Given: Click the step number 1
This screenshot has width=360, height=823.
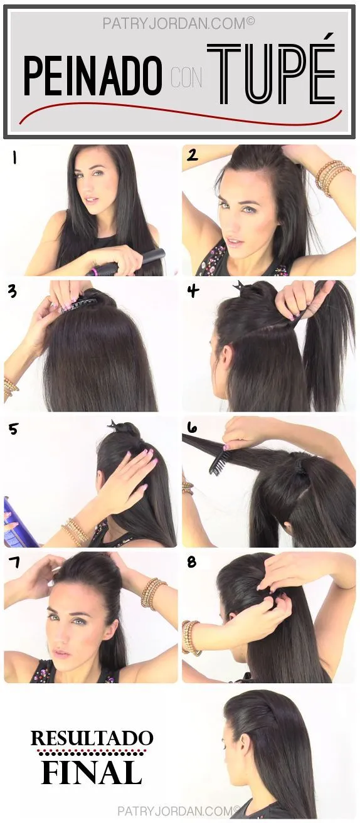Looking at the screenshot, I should (13, 158).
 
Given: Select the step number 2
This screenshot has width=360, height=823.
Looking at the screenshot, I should (193, 155).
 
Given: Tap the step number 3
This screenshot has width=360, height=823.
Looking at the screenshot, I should (13, 292).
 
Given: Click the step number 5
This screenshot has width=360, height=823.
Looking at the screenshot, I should (13, 429).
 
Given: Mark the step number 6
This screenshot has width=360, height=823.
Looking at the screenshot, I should (192, 428).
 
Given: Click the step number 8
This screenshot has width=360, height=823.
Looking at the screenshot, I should (192, 562).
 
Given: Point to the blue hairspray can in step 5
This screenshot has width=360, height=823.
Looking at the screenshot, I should (13, 521).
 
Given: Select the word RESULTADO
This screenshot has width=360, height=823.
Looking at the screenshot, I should (92, 738).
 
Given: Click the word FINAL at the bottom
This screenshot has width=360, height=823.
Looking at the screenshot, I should (92, 772).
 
